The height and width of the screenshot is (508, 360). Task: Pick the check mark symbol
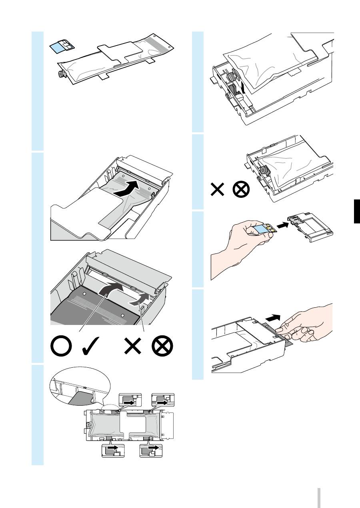coord(91,346)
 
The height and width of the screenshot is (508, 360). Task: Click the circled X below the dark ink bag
coord(162,345)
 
